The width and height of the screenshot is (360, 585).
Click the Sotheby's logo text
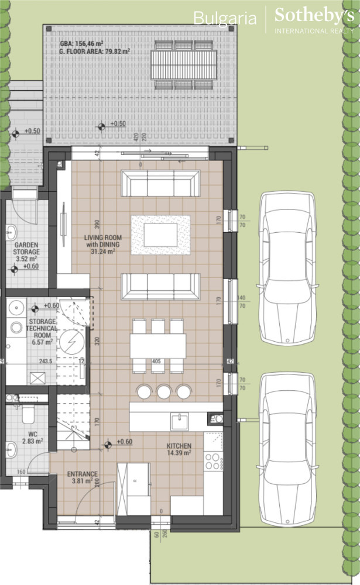coord(314,16)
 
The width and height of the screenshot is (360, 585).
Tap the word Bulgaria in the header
coord(225,19)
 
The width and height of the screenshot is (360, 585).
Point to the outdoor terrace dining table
coord(183,64)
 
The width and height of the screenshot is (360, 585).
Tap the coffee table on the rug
coord(160,235)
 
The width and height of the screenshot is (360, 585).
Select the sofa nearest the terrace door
coord(160,184)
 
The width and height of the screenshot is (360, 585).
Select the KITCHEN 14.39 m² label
coord(179,449)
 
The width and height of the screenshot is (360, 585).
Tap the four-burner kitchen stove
coord(214,461)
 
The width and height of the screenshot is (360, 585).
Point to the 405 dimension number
coord(156,362)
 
